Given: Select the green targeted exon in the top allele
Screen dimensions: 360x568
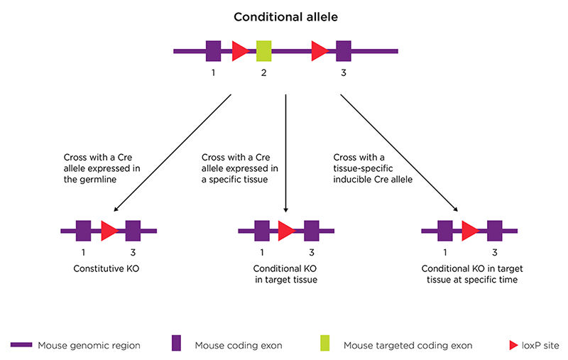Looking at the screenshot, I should (x=263, y=51).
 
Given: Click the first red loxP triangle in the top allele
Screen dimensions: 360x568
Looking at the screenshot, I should (x=239, y=51).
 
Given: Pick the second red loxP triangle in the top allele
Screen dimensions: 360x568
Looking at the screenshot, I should (x=319, y=51).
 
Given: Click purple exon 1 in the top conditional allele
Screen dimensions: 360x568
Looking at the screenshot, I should (x=213, y=51).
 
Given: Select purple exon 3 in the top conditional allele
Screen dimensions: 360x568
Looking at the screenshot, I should (x=344, y=51).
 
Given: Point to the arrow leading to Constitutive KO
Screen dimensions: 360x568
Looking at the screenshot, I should (x=174, y=153).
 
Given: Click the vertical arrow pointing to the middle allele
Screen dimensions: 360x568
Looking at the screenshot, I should (x=285, y=153).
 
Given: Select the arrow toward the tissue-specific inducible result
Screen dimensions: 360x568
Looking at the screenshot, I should (x=398, y=153).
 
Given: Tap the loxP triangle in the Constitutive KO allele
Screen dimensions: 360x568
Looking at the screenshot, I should (x=108, y=231).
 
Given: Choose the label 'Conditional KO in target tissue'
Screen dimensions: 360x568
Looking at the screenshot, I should (x=285, y=274).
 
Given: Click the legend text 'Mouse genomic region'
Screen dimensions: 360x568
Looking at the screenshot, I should (x=82, y=345).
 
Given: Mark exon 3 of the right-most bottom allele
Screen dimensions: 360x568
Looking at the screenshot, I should (x=494, y=231).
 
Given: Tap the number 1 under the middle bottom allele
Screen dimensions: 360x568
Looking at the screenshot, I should (x=261, y=252).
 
